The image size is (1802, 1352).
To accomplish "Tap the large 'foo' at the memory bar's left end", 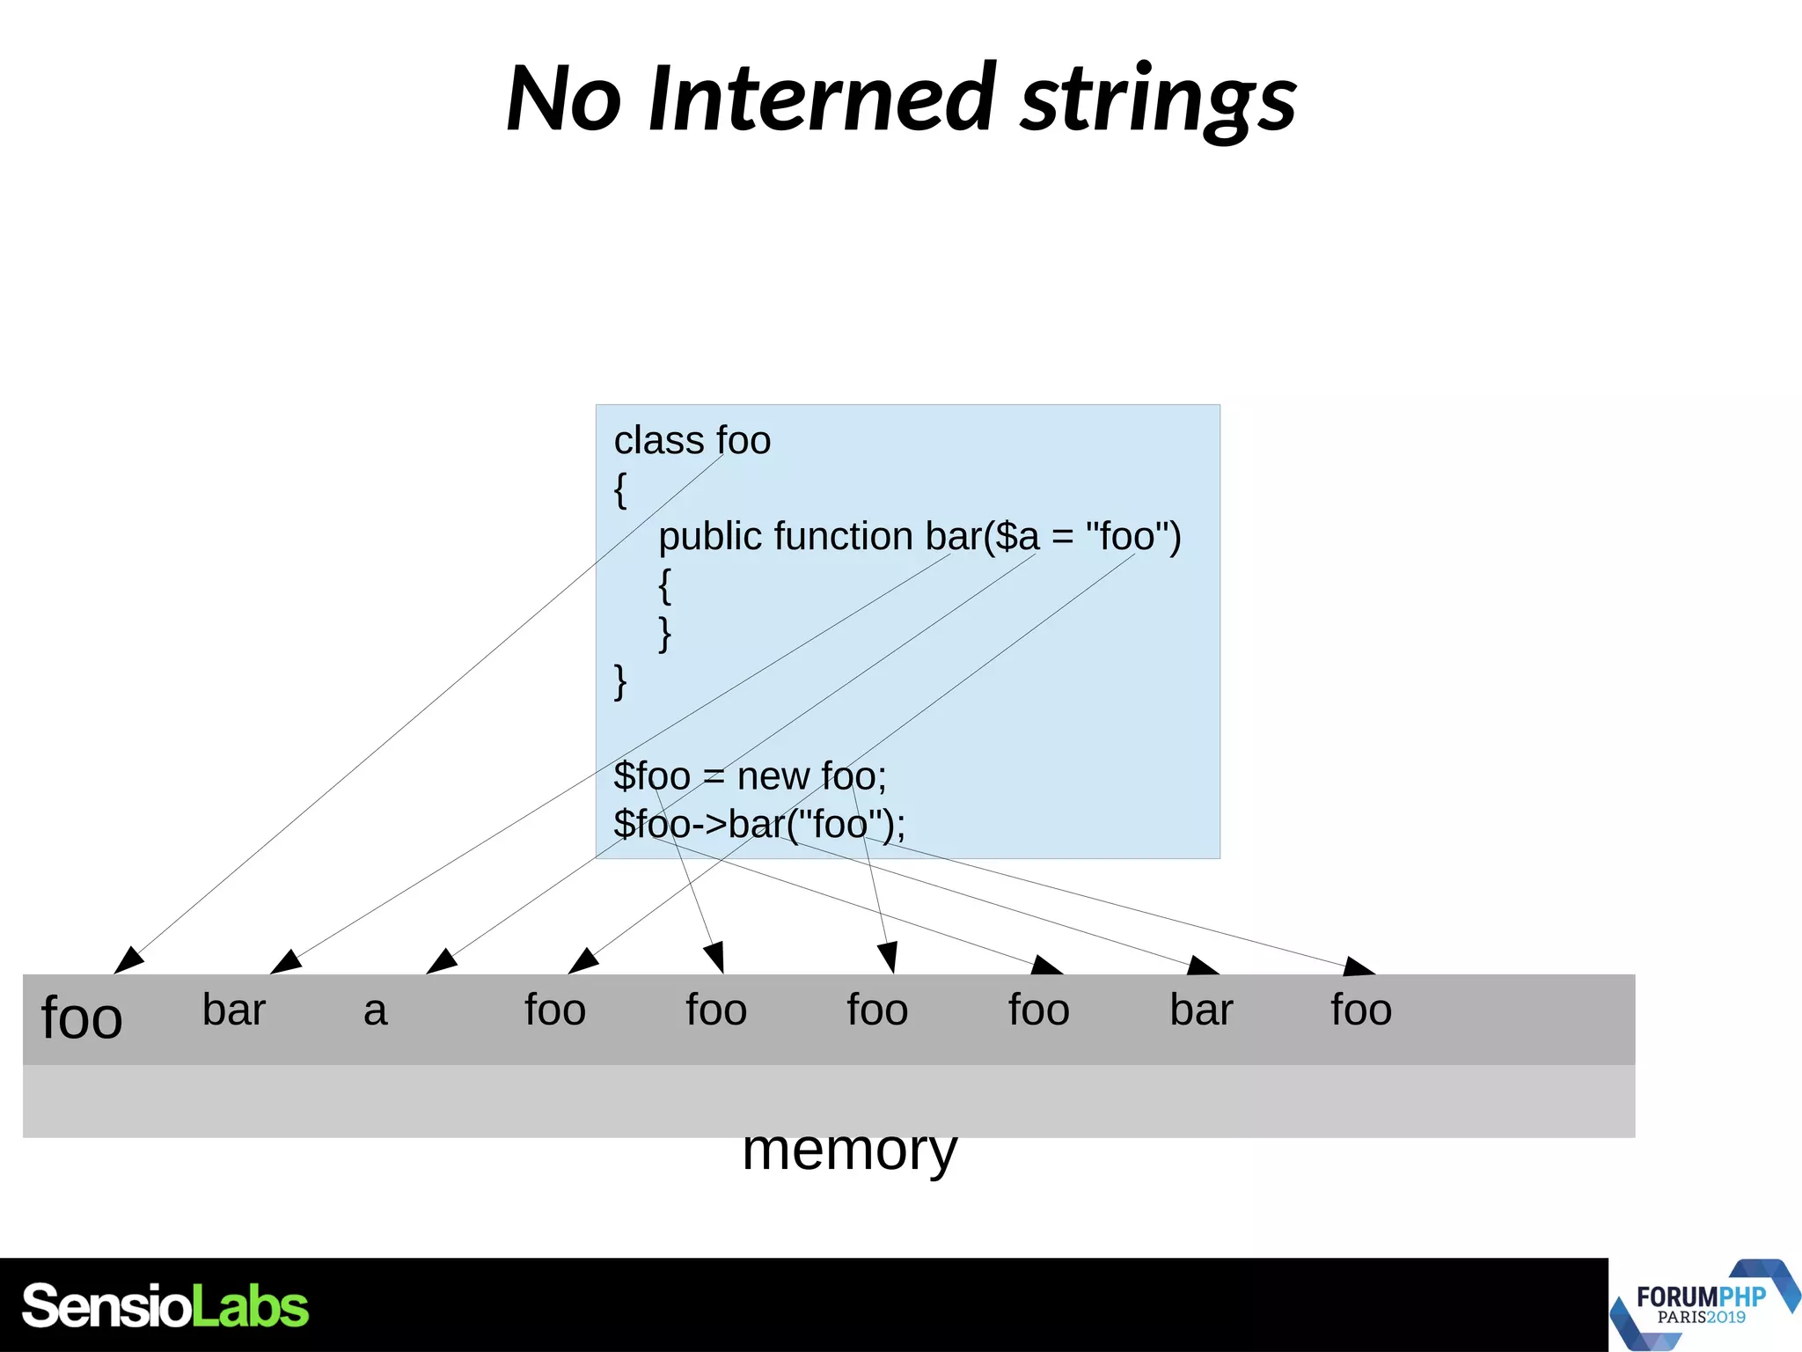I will click(x=82, y=1018).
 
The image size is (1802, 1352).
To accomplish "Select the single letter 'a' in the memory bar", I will click(x=375, y=1010).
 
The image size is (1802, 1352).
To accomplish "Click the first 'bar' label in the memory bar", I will click(x=233, y=1010).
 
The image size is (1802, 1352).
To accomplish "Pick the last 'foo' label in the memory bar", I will click(x=1360, y=1010).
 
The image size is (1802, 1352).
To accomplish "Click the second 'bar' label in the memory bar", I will click(x=1200, y=1010).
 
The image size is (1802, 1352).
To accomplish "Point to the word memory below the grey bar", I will click(x=849, y=1150).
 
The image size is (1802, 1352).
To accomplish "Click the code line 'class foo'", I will click(x=692, y=440).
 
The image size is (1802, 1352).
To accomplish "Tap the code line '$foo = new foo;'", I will click(x=750, y=776).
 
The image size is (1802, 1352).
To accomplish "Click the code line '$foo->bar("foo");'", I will click(x=758, y=824).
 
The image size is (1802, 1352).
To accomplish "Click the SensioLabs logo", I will click(x=165, y=1306).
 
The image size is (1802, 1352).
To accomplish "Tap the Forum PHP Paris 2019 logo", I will click(x=1703, y=1305).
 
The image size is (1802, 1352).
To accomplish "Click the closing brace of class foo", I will click(x=619, y=681).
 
